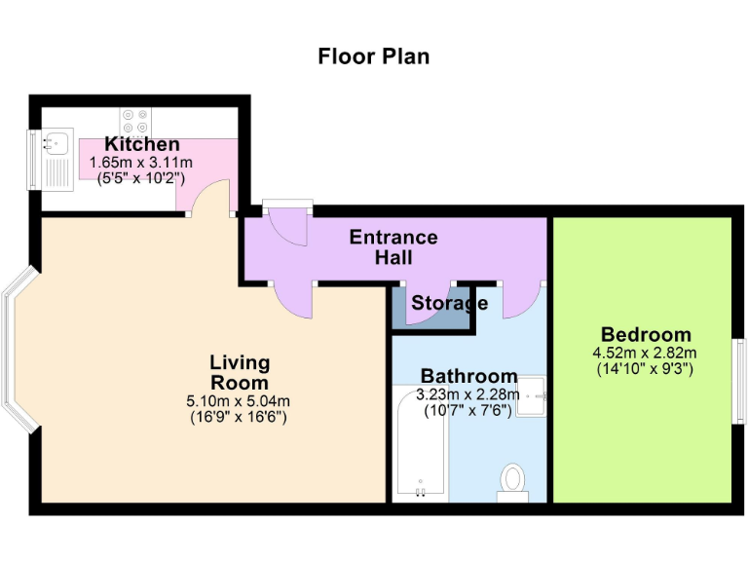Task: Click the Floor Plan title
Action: pos(373,56)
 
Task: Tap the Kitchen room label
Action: pos(142,145)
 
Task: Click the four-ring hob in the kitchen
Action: pos(134,120)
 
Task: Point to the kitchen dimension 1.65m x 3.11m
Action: pos(141,163)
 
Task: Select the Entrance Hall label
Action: pos(393,247)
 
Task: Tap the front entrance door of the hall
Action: pos(288,224)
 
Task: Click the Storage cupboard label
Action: pos(448,303)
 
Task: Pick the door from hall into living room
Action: pos(292,298)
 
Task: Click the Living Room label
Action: pos(239,372)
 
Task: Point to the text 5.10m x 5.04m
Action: pos(239,400)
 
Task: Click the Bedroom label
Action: pos(646,334)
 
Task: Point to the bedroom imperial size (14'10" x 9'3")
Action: pos(646,369)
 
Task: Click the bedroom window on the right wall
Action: pos(738,380)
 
